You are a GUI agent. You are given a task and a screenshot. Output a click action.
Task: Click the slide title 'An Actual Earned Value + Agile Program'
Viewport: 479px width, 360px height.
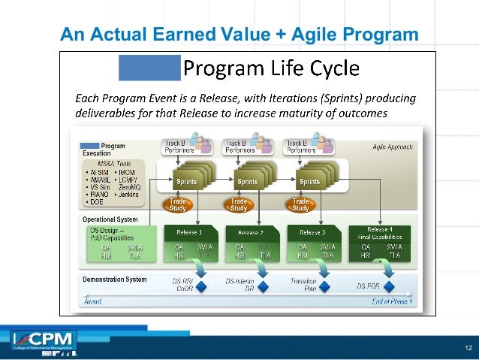point(239,35)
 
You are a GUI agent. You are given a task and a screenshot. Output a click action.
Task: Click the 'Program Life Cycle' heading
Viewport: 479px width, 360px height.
point(272,69)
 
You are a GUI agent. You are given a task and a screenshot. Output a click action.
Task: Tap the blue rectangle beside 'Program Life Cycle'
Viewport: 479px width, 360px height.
point(149,68)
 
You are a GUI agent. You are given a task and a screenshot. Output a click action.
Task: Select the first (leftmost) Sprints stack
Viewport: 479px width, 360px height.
point(187,180)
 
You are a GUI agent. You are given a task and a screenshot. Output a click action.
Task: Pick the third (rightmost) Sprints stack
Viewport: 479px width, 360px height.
point(310,180)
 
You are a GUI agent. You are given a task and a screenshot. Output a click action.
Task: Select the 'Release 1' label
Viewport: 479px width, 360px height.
point(189,232)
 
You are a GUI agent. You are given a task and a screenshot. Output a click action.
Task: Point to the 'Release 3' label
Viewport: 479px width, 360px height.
point(312,232)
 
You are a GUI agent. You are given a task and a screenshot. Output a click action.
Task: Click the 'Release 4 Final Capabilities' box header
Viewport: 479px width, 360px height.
point(379,232)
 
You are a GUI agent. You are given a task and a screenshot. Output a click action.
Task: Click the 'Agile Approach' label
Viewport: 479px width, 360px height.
point(391,147)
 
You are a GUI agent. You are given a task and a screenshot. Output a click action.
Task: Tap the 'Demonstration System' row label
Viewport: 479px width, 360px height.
point(114,280)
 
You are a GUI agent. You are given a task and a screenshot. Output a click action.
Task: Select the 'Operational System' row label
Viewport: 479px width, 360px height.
point(110,219)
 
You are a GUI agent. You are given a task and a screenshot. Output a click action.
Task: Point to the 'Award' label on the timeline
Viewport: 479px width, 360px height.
point(92,301)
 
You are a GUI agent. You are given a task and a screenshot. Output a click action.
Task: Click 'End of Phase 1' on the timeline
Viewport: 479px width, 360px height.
point(391,301)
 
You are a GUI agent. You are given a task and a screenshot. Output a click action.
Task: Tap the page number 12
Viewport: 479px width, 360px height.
point(467,346)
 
